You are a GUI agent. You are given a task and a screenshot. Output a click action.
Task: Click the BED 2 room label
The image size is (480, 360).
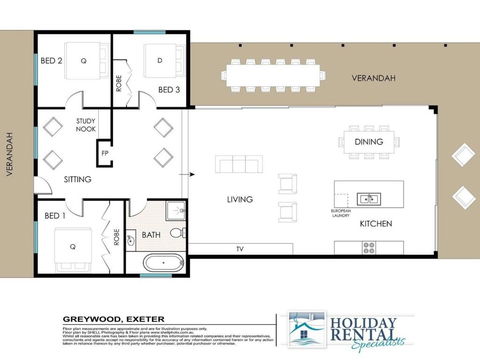(x=52, y=60)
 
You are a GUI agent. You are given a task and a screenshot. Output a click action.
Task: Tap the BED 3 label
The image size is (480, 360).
(x=170, y=91)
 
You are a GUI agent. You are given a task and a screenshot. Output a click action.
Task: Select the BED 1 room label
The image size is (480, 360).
(x=54, y=215)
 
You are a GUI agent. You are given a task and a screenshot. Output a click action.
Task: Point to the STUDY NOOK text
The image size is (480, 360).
(x=86, y=124)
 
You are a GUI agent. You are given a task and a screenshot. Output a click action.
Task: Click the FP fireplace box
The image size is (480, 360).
(x=104, y=153)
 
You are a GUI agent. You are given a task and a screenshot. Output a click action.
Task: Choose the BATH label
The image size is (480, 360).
(x=152, y=235)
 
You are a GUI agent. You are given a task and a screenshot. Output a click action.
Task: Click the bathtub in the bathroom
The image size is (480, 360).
(x=162, y=265)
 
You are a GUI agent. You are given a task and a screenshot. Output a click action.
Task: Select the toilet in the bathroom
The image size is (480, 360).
(x=177, y=232)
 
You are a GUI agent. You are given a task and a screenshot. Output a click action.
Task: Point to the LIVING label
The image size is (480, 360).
(x=239, y=200)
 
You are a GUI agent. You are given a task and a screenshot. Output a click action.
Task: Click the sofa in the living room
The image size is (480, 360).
(x=239, y=165)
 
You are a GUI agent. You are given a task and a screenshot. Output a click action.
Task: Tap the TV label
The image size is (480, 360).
(x=240, y=247)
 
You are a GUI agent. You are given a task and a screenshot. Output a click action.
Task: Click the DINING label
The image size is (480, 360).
(x=369, y=142)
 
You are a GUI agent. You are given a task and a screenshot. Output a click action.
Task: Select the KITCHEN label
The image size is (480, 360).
(x=376, y=223)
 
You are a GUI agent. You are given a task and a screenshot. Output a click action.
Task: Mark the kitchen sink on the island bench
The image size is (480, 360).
(x=368, y=198)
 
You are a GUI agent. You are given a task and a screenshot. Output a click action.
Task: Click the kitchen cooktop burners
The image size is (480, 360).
(x=368, y=247)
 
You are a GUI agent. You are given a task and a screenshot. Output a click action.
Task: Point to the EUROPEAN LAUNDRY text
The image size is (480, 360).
(x=341, y=214)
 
